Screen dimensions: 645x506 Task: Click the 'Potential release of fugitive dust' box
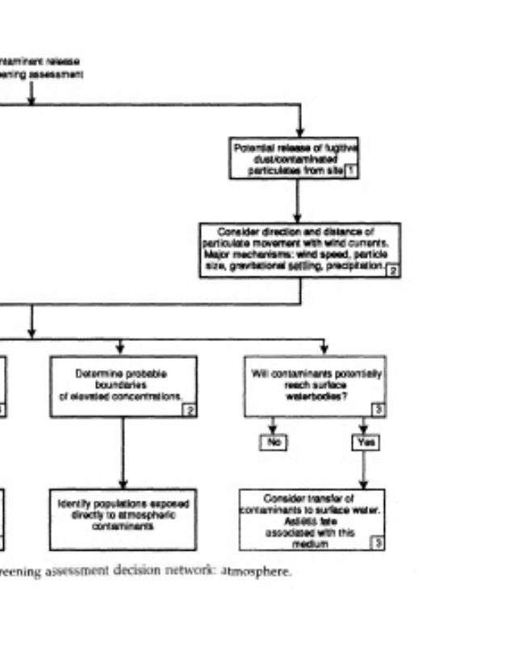294,157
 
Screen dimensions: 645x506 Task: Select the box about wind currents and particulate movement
299,249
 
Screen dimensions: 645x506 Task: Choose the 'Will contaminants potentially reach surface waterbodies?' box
315,385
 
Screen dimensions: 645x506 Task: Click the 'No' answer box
272,442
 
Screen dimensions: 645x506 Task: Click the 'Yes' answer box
364,442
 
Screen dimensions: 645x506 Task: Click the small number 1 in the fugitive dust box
350,171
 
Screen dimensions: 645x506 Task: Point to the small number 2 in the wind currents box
392,271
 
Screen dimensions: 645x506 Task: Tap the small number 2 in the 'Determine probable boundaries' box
190,410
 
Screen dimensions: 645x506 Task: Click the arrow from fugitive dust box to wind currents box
299,200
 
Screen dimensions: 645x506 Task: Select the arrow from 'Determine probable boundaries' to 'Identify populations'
123,451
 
